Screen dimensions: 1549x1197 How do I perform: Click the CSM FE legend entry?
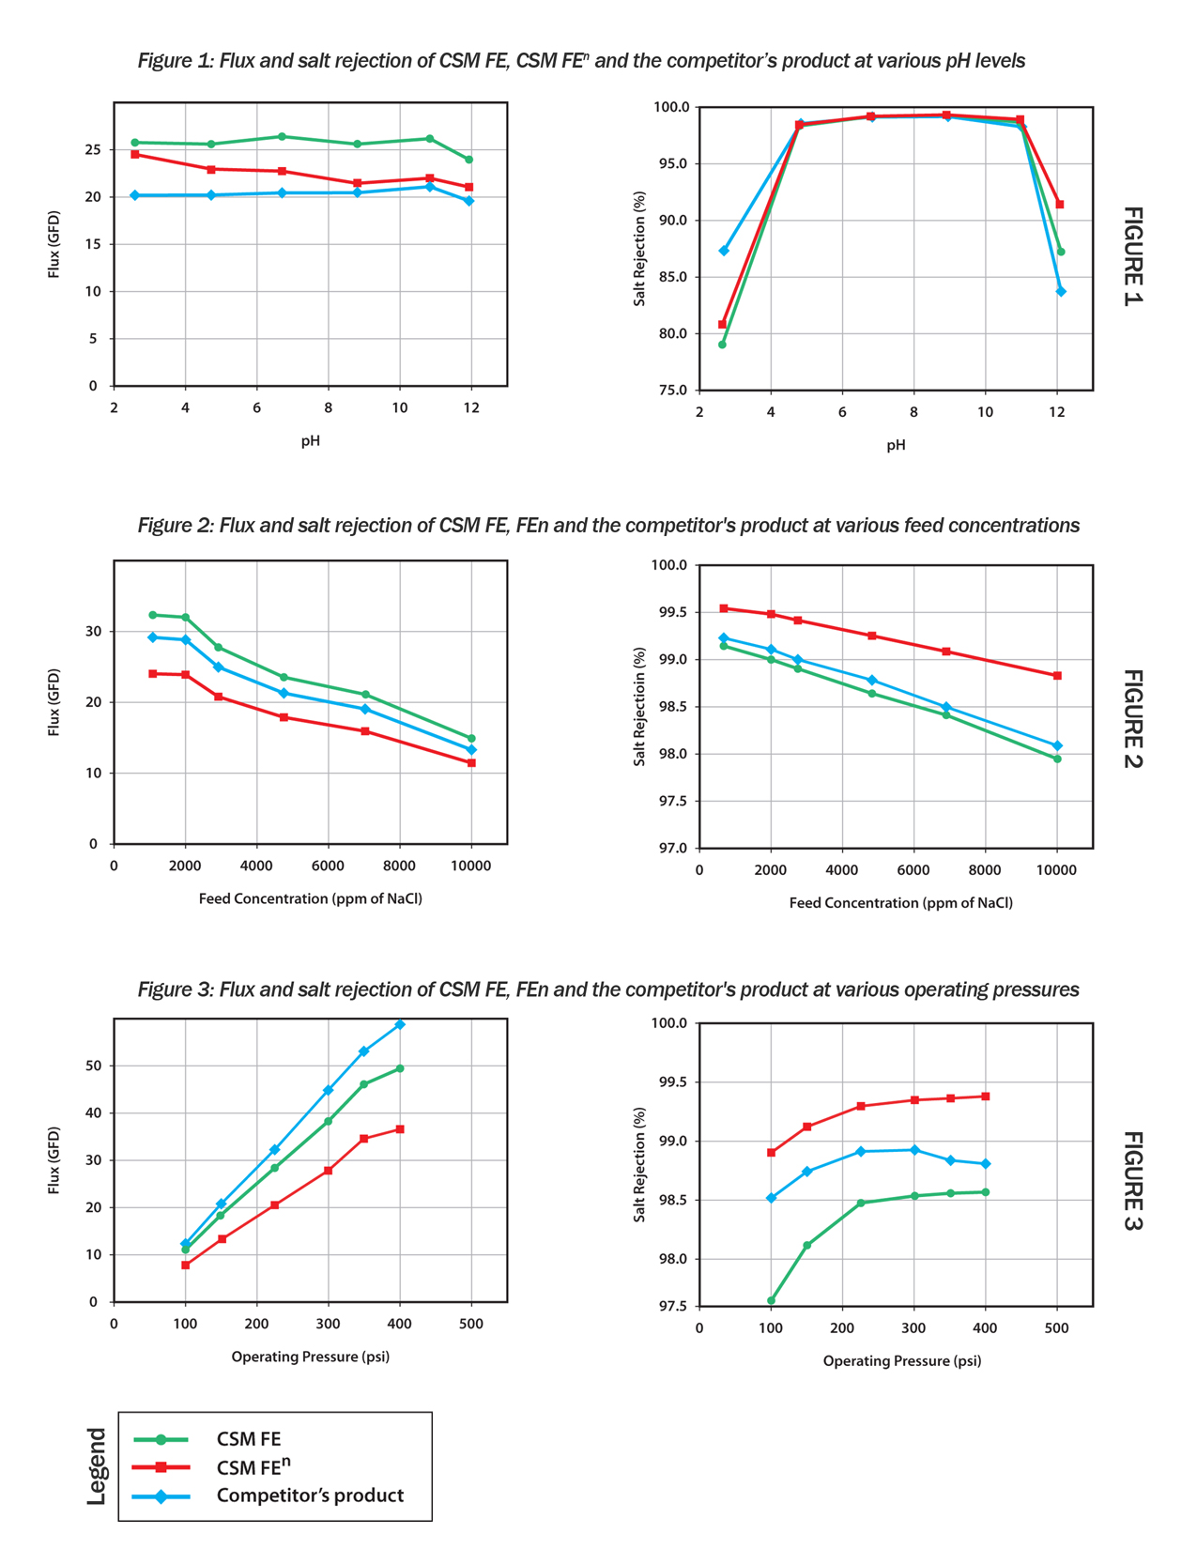248,1439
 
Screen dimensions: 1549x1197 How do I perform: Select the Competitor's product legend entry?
309,1495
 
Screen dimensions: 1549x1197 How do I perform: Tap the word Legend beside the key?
97,1465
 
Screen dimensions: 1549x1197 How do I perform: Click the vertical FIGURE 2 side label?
1133,718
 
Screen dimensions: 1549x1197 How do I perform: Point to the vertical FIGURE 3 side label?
1133,1180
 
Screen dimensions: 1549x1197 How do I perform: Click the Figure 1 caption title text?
581,61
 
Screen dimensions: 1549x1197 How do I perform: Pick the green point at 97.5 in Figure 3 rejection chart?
771,1300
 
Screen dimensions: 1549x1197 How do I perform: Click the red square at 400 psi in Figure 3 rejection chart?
985,1097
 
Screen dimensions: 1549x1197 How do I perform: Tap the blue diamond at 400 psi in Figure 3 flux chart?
400,1024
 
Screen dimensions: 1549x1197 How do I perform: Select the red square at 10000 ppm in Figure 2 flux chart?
471,763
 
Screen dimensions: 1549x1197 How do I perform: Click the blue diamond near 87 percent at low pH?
724,251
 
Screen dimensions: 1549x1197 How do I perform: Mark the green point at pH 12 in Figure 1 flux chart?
468,160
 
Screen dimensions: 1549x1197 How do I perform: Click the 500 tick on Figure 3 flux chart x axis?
470,1324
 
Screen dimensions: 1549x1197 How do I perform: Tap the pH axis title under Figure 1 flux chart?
310,440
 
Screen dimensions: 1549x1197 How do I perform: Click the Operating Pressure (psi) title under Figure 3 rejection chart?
902,1360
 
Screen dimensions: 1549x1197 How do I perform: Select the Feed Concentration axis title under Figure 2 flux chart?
310,898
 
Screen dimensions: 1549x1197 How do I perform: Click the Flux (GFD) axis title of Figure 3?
54,1160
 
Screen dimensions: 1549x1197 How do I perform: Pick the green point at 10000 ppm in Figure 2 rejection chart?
1057,759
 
